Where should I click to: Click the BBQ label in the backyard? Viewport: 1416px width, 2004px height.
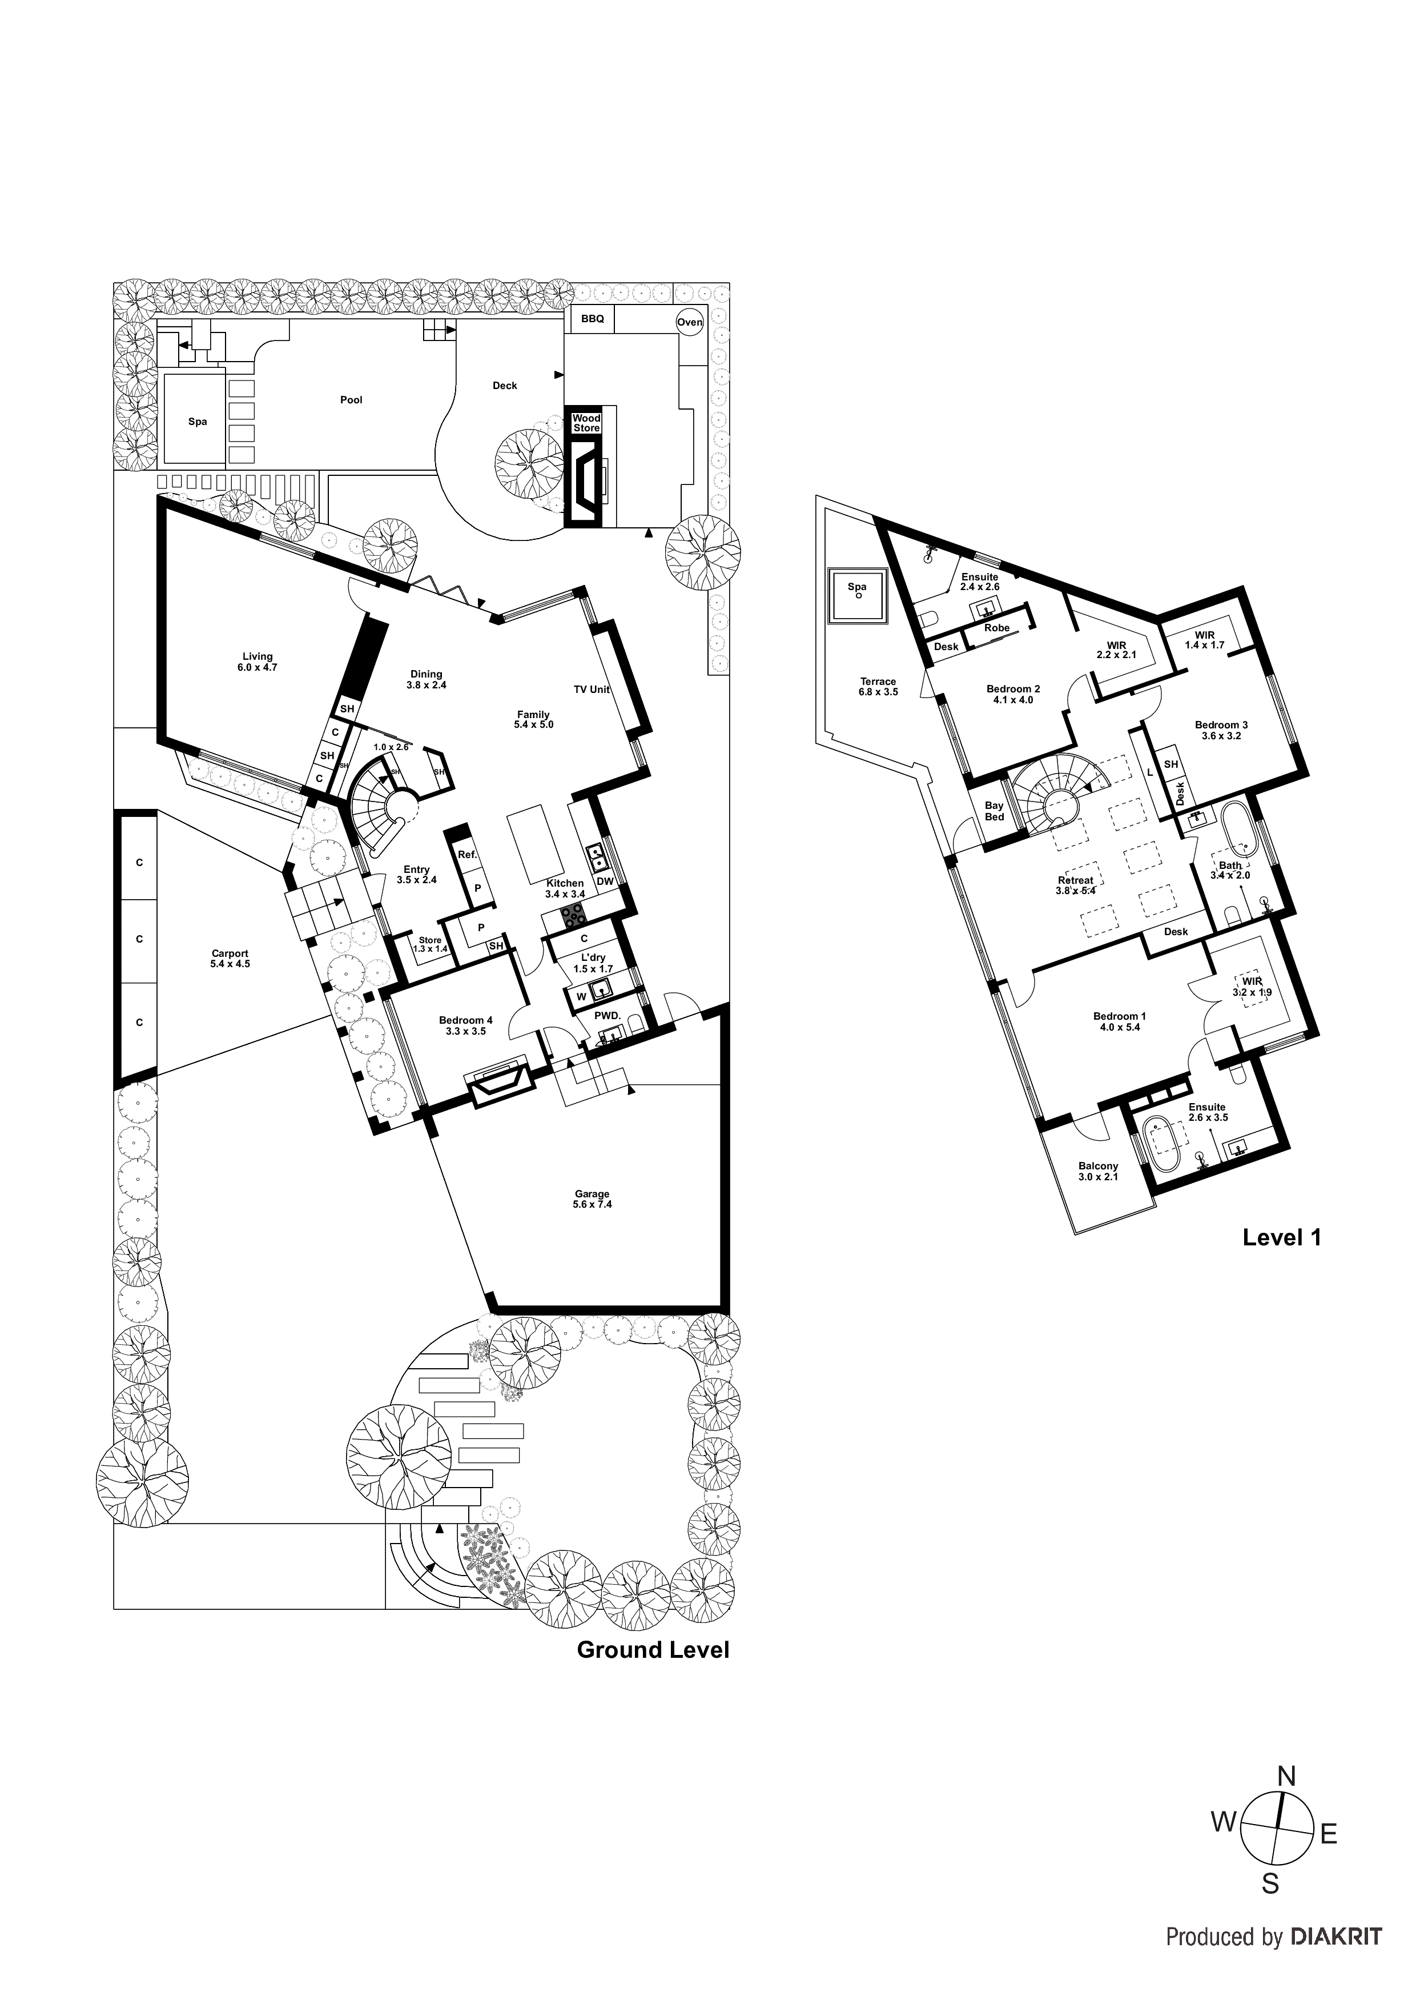click(593, 319)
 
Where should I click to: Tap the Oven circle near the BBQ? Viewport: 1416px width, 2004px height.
click(689, 322)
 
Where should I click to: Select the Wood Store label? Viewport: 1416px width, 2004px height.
click(586, 423)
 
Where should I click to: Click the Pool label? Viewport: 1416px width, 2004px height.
click(351, 400)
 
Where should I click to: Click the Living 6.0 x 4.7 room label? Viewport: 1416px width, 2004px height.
click(258, 662)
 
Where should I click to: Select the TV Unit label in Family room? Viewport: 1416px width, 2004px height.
click(592, 690)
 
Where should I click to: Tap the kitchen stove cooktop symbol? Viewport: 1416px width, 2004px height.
click(573, 916)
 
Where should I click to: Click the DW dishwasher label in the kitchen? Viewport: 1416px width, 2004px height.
click(605, 881)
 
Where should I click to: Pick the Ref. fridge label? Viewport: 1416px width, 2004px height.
click(468, 855)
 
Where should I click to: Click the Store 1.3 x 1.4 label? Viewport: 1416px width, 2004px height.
click(430, 944)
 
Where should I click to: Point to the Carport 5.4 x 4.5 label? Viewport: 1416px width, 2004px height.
click(230, 959)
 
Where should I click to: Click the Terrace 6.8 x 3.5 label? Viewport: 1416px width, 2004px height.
click(878, 687)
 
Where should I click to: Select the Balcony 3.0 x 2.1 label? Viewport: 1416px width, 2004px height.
click(1097, 1171)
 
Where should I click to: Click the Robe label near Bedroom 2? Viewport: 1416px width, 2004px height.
click(996, 628)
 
